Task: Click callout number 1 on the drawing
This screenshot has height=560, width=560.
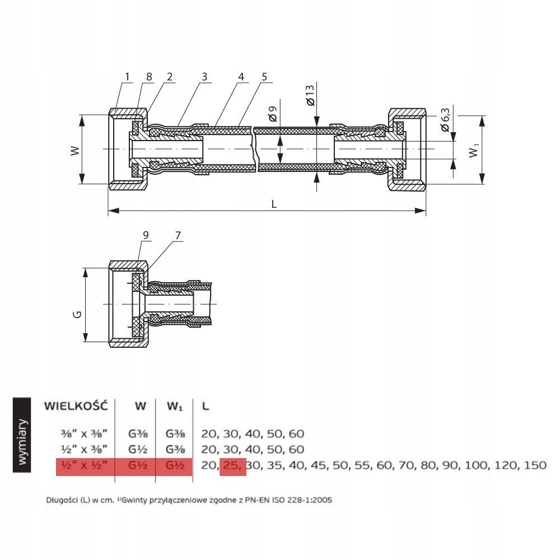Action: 127,76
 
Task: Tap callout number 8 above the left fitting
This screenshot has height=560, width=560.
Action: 149,76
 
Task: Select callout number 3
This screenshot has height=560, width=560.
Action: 204,76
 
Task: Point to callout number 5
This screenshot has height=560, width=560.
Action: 264,76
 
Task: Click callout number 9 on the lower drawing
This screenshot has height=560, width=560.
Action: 146,235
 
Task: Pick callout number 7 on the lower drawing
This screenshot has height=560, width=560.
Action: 178,235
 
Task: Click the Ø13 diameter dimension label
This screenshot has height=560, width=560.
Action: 310,95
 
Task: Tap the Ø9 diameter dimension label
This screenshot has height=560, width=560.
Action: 273,114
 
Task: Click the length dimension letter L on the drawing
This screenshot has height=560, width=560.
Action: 274,204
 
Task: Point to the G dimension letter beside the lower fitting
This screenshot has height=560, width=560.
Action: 77,314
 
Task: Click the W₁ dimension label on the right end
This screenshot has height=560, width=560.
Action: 473,150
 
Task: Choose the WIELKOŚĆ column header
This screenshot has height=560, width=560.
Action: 76,406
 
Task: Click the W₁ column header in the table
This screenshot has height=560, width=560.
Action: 175,407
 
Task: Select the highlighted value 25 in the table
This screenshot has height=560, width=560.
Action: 232,465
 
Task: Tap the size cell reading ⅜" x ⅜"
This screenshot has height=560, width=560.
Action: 84,434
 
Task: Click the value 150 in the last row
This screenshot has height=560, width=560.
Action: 535,465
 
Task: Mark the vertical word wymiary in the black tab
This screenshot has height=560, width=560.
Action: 22,442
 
